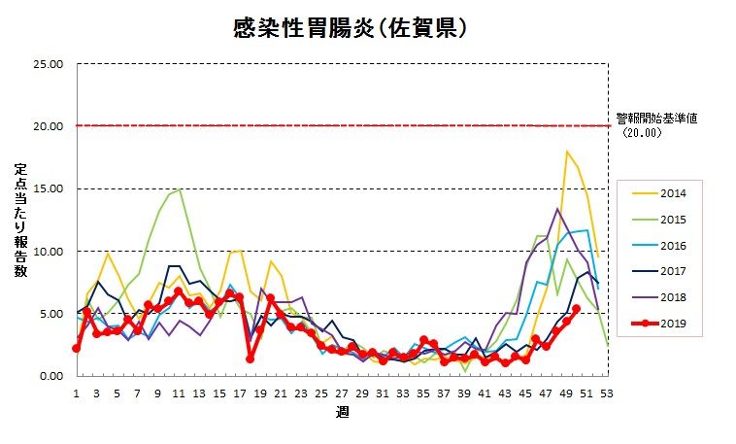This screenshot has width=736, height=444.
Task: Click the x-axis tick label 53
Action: (x=608, y=393)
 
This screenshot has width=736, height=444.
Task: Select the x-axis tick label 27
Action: (x=342, y=393)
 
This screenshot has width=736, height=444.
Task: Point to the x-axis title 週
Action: (x=342, y=412)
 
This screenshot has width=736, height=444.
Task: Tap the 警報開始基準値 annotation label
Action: (x=656, y=119)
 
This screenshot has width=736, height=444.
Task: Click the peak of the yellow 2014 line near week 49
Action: (x=567, y=152)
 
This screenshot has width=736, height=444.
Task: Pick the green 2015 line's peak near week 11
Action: (x=180, y=189)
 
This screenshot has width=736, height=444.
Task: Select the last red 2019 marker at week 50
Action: (x=577, y=309)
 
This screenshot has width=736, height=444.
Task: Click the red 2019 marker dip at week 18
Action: (x=251, y=359)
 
